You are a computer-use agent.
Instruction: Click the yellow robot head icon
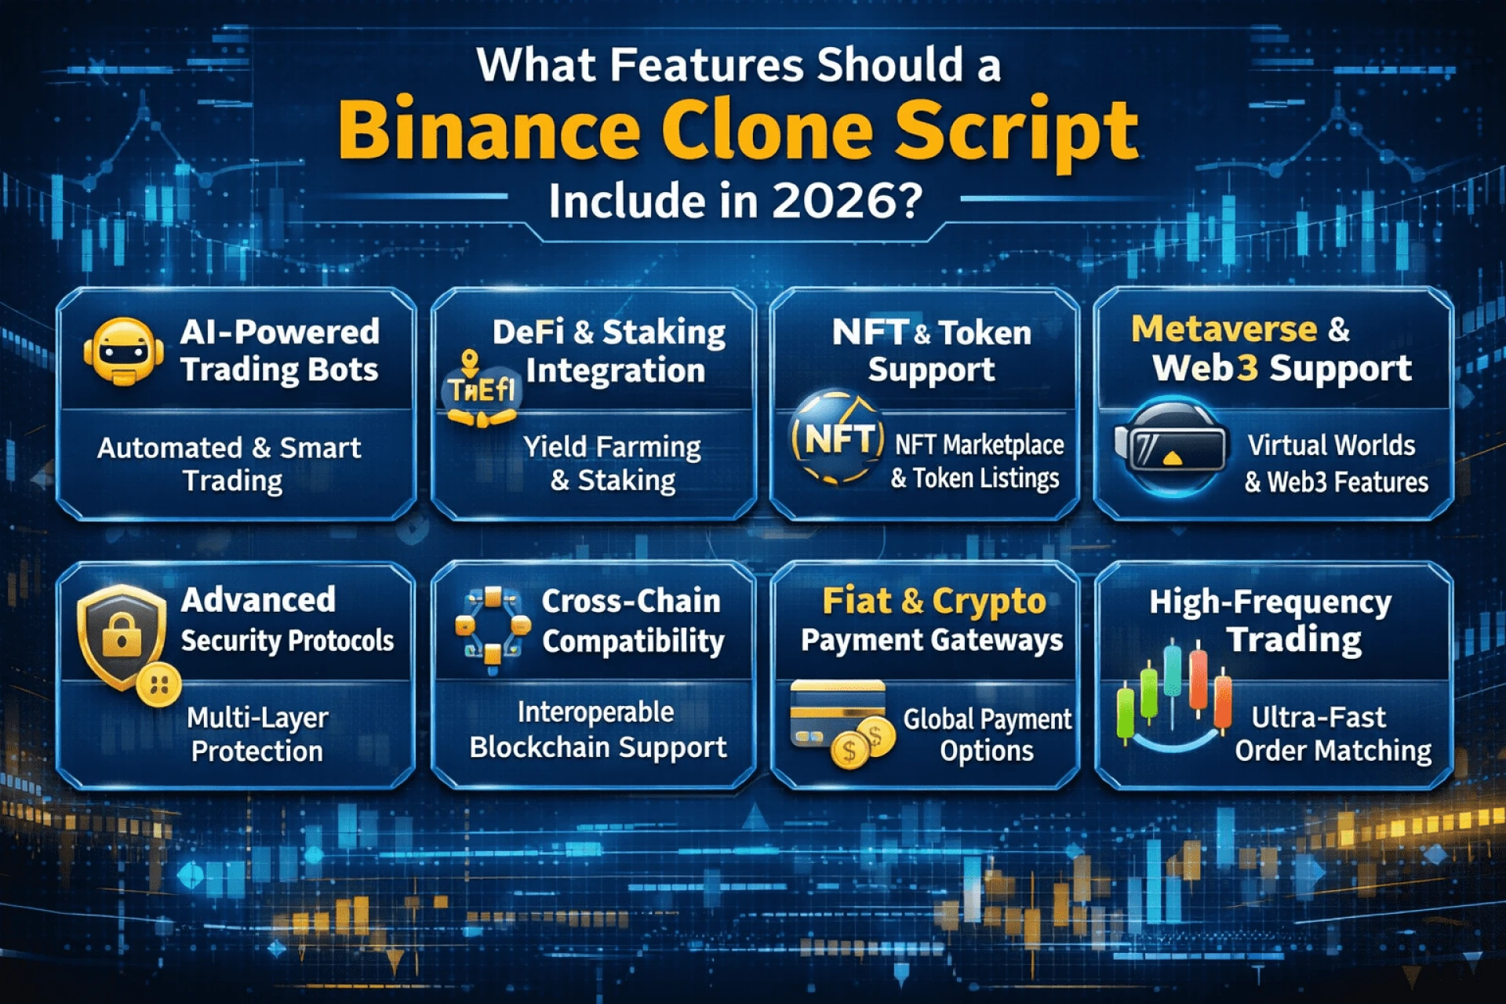pyautogui.click(x=123, y=351)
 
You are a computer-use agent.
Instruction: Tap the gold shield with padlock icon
pyautogui.click(x=122, y=636)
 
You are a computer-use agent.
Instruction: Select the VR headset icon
pyautogui.click(x=1171, y=446)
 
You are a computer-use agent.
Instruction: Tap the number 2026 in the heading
pyautogui.click(x=846, y=201)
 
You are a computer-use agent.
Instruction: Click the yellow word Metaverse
pyautogui.click(x=1224, y=329)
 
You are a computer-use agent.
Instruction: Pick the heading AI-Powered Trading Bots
pyautogui.click(x=280, y=351)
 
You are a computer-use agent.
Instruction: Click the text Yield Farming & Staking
pyautogui.click(x=613, y=464)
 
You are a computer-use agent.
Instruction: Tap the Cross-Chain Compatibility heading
pyautogui.click(x=632, y=621)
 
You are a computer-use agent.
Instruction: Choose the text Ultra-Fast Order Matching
pyautogui.click(x=1333, y=734)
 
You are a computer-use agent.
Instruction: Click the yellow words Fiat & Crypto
pyautogui.click(x=934, y=602)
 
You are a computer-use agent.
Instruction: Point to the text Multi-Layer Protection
pyautogui.click(x=257, y=734)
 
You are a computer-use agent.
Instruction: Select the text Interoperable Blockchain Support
pyautogui.click(x=598, y=729)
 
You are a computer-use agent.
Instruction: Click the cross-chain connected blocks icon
pyautogui.click(x=492, y=631)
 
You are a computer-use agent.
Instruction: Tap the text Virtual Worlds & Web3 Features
pyautogui.click(x=1337, y=464)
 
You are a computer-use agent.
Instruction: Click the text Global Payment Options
pyautogui.click(x=987, y=734)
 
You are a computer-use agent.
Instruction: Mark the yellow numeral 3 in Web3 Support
pyautogui.click(x=1247, y=368)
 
